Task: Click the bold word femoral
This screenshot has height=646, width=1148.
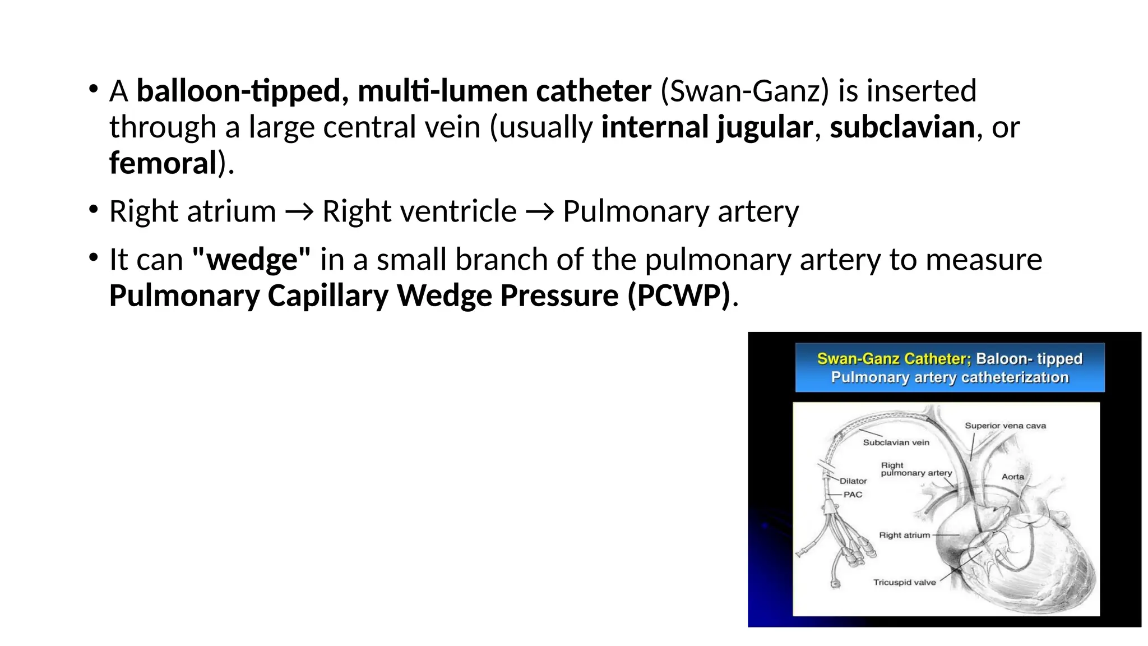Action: [x=163, y=163]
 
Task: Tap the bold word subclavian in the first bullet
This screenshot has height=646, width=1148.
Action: [x=902, y=127]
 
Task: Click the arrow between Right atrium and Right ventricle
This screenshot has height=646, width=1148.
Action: [x=299, y=212]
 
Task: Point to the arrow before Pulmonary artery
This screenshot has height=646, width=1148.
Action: [x=539, y=212]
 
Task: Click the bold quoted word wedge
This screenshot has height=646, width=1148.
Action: [x=251, y=260]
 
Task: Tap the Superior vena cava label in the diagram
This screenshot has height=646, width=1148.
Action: [x=1005, y=426]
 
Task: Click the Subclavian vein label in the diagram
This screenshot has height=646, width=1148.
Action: [x=896, y=442]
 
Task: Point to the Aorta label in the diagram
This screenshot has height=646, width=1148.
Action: [x=1012, y=477]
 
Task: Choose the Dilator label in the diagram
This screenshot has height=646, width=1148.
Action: [x=853, y=481]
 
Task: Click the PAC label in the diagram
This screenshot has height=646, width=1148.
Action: [x=853, y=495]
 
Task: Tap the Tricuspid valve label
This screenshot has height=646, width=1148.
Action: [x=904, y=583]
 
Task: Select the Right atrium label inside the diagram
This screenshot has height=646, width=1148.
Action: [x=904, y=536]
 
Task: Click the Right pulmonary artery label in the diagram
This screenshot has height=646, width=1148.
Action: [x=916, y=469]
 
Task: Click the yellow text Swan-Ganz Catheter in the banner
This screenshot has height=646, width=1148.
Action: [x=893, y=359]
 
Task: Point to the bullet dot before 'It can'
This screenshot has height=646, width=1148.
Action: [x=93, y=258]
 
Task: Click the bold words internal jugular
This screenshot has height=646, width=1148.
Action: [x=706, y=127]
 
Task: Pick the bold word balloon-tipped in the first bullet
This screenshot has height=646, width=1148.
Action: [x=239, y=91]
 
